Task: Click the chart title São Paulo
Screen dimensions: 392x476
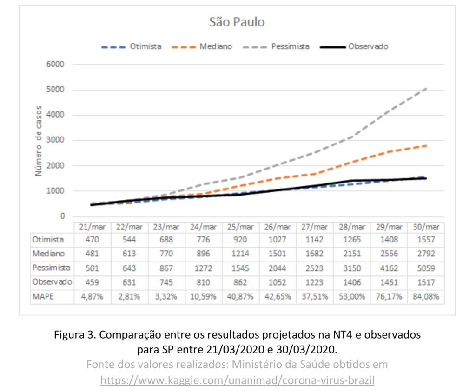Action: (x=237, y=22)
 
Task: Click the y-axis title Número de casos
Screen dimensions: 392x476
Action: (x=39, y=141)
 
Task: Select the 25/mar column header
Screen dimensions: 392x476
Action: (x=241, y=227)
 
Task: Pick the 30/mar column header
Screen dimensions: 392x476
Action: (x=426, y=227)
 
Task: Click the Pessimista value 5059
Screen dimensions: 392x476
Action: (x=426, y=268)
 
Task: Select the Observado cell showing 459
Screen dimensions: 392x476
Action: (x=93, y=282)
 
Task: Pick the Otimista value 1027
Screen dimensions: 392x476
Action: (x=278, y=240)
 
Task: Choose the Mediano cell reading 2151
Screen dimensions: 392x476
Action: (x=352, y=254)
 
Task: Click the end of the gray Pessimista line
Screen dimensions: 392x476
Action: (x=426, y=88)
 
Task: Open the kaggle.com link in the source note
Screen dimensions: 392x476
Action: (x=238, y=380)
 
